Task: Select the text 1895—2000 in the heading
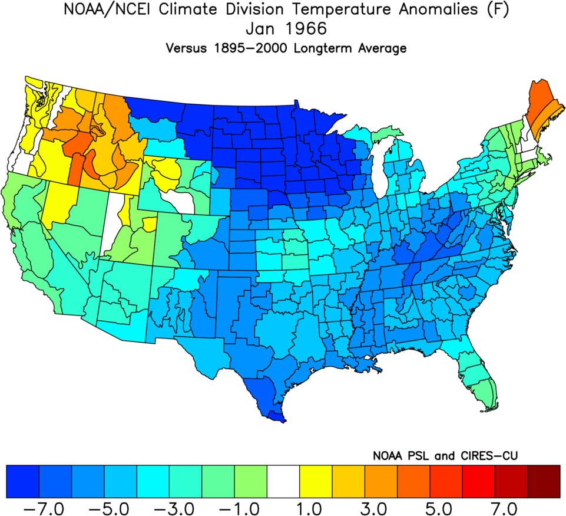click(x=249, y=48)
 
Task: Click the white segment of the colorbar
click(x=283, y=481)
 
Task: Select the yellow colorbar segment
click(x=316, y=481)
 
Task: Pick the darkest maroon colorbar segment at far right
click(x=544, y=481)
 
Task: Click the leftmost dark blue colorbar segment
click(x=22, y=481)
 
